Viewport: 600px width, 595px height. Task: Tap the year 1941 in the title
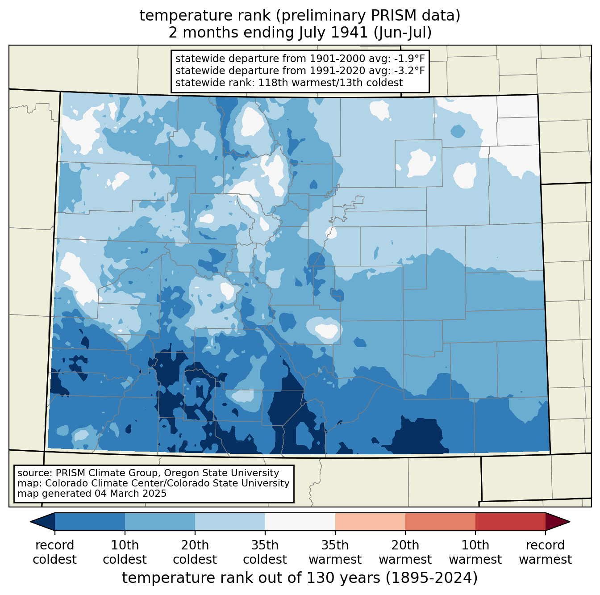[x=349, y=33]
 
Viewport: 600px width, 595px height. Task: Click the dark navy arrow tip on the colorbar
[x=31, y=521]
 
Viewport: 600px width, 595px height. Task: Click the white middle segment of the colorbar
[x=300, y=521]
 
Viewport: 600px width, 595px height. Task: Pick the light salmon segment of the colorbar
[x=370, y=521]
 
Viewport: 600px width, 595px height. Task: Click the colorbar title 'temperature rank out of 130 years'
[x=251, y=578]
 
